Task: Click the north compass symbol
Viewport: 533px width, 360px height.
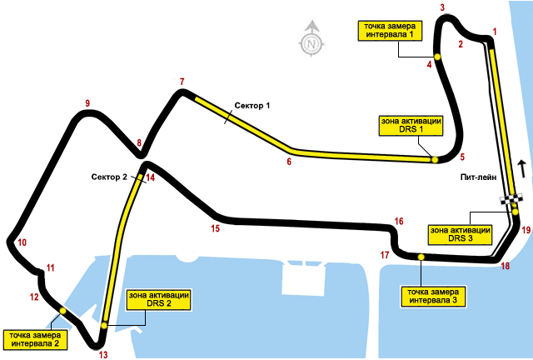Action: pyautogui.click(x=311, y=39)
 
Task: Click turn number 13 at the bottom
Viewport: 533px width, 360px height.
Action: pyautogui.click(x=103, y=354)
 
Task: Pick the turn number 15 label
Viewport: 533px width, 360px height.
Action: pyautogui.click(x=215, y=227)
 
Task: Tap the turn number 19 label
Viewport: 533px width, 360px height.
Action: pyautogui.click(x=526, y=230)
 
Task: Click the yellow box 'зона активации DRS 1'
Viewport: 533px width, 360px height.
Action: pyautogui.click(x=411, y=125)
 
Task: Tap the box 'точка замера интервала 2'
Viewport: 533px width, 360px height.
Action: pyautogui.click(x=34, y=338)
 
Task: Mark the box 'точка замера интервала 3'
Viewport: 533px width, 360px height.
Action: pyautogui.click(x=432, y=296)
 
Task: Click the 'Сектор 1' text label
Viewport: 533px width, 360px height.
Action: pyautogui.click(x=253, y=106)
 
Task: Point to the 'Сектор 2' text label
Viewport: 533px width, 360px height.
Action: pyautogui.click(x=108, y=177)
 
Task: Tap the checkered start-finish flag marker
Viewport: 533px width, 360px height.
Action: pyautogui.click(x=511, y=199)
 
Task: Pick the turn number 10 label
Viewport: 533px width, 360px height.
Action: pyautogui.click(x=22, y=242)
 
